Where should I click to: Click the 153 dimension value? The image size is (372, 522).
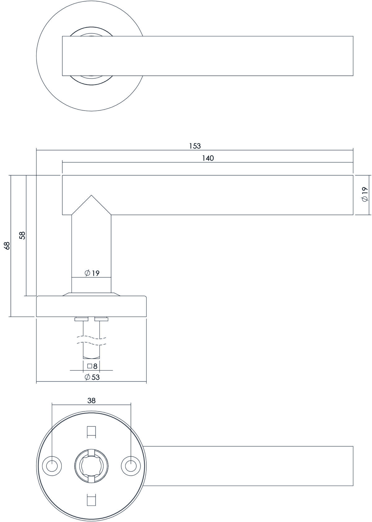[195, 146]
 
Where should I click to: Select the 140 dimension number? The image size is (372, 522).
[208, 158]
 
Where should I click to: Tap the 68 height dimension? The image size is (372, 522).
[7, 246]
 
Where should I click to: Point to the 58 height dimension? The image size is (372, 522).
[22, 235]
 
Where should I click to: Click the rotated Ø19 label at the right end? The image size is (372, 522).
[365, 194]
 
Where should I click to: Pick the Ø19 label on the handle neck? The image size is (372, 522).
[92, 273]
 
